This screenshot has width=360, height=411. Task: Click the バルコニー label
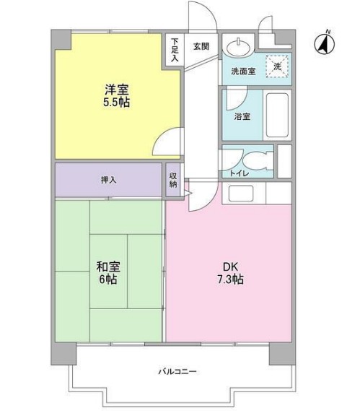click(x=177, y=371)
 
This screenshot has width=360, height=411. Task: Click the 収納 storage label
click(x=174, y=179)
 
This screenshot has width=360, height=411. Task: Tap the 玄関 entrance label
click(x=201, y=46)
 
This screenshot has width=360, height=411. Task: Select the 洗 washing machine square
click(x=276, y=65)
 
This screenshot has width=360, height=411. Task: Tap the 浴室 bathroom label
click(x=242, y=116)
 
